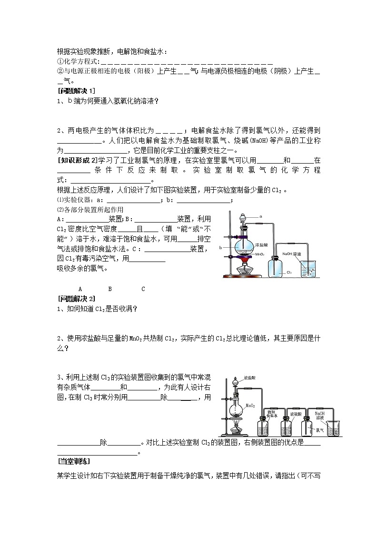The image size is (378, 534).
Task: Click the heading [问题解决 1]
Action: [76, 91]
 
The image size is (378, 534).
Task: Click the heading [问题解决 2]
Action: [76, 299]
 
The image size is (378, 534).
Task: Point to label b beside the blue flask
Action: [221, 248]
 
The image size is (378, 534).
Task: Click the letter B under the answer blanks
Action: [110, 289]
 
